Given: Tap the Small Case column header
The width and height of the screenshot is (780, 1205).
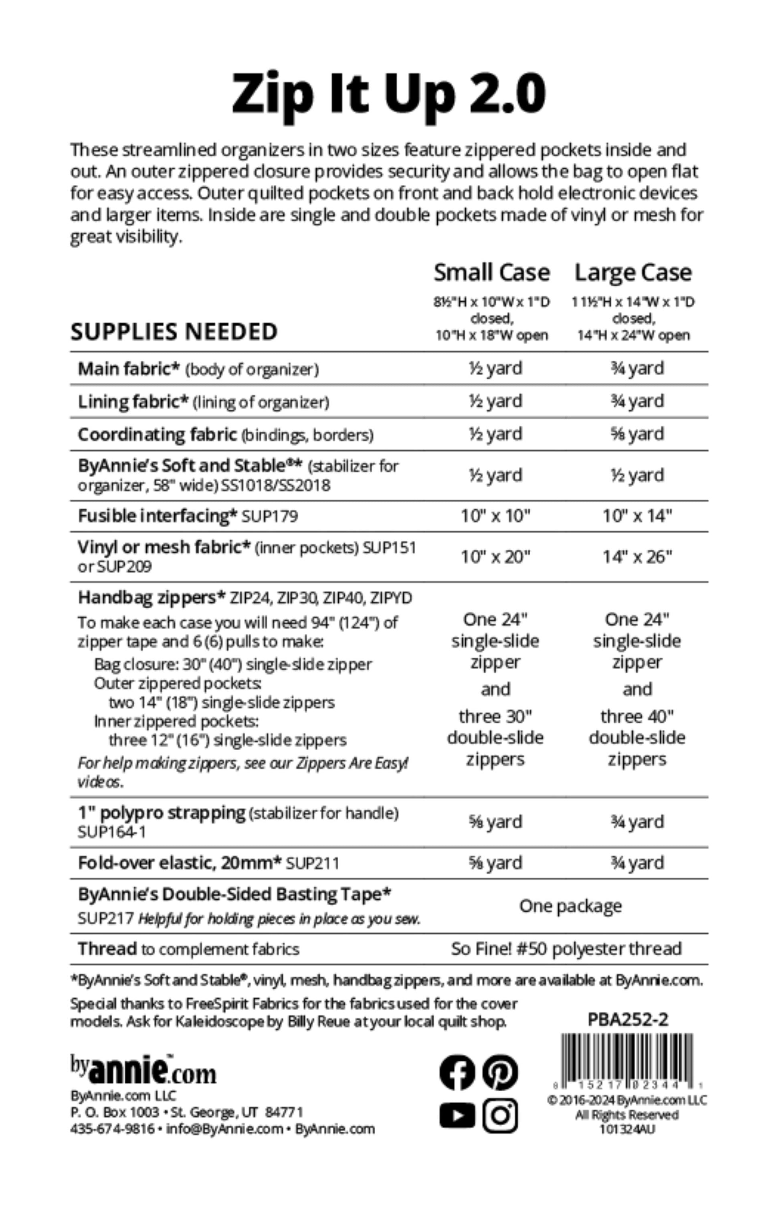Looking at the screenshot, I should pos(491,272).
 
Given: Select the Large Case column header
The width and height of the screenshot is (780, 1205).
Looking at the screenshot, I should pos(632,272).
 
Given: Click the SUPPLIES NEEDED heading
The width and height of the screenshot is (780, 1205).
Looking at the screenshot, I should pos(174,332).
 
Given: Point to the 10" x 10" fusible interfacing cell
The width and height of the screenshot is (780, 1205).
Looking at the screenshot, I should pos(495,516).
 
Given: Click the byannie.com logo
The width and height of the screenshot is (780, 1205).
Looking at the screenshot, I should pos(143,1069).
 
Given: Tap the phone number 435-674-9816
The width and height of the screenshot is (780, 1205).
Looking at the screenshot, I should pos(113,1128).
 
